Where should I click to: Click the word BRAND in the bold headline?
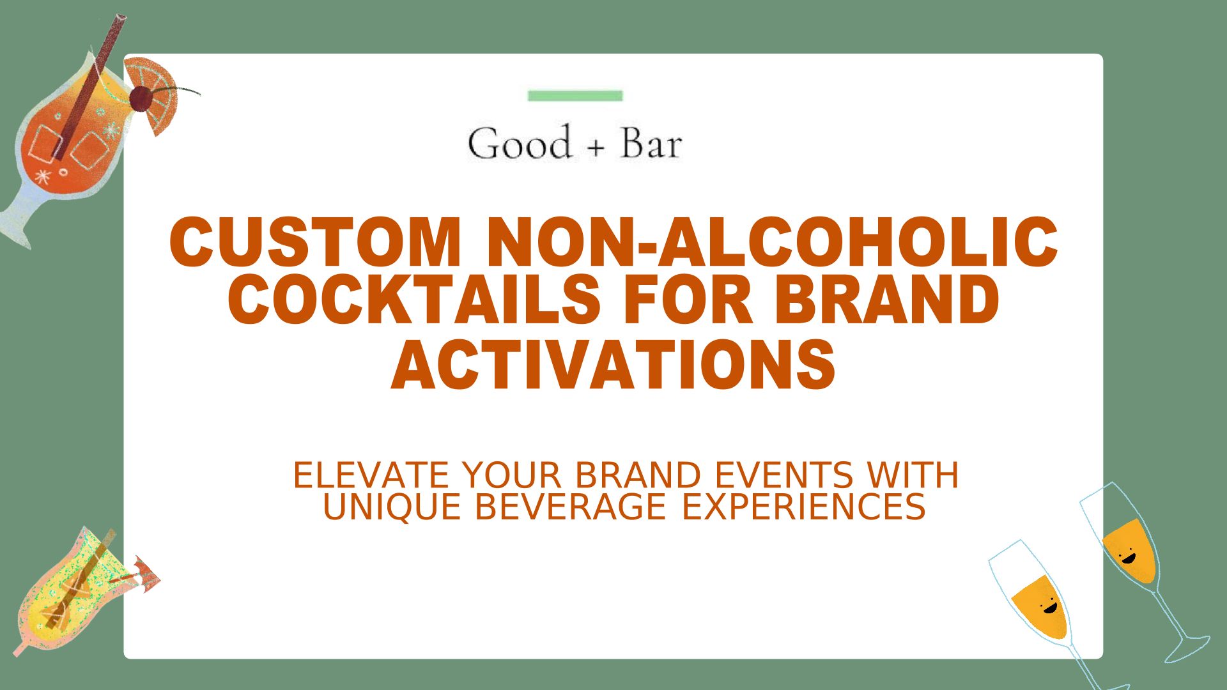click(x=887, y=299)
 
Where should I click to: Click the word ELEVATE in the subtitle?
click(x=371, y=475)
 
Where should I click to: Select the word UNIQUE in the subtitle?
click(x=392, y=507)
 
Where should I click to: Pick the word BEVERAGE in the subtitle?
click(x=571, y=507)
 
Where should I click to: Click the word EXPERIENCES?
click(x=803, y=507)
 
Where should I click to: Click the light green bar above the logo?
click(x=575, y=96)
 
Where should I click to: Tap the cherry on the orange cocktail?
click(x=141, y=99)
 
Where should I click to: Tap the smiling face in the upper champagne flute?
click(x=1128, y=556)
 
